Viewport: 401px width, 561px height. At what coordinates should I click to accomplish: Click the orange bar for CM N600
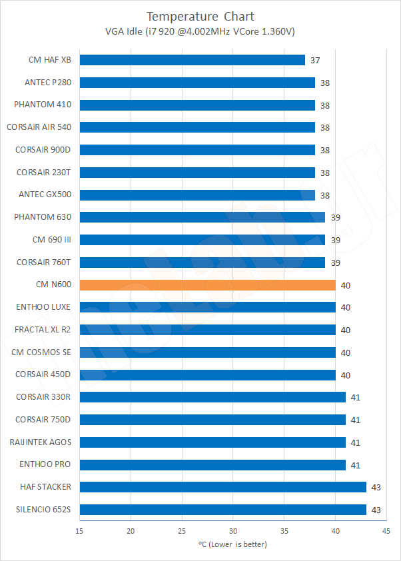click(207, 285)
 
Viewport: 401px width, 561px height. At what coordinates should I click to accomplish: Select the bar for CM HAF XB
click(192, 60)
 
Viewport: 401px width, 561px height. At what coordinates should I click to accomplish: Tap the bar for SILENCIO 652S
click(222, 510)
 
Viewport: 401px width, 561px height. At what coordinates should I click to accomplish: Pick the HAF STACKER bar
click(222, 487)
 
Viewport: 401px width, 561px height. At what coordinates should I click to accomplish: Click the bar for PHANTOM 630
click(202, 217)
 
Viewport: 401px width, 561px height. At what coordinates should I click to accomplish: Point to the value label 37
click(315, 61)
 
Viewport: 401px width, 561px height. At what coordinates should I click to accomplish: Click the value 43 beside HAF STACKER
click(376, 488)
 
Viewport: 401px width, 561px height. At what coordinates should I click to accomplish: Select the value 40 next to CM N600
click(346, 285)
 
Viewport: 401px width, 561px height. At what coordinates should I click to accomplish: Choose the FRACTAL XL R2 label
click(43, 330)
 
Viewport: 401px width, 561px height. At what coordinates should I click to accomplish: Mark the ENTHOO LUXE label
click(43, 307)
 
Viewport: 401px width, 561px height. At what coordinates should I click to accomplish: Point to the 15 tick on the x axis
click(79, 531)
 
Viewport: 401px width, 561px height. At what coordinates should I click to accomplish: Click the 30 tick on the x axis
click(232, 531)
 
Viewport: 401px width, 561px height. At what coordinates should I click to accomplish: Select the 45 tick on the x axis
click(386, 531)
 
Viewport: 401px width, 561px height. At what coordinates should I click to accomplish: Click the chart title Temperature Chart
click(200, 16)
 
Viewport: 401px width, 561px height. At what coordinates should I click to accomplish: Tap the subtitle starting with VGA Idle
click(200, 31)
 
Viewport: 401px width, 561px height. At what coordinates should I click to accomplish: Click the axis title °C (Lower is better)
click(232, 544)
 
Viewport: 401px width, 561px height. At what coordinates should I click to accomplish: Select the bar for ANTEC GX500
click(197, 195)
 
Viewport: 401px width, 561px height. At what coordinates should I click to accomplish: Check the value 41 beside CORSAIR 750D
click(356, 420)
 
